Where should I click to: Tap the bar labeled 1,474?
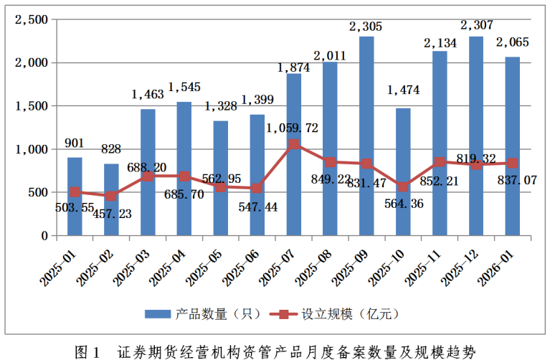(x=403, y=172)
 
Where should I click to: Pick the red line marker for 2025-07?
(x=293, y=144)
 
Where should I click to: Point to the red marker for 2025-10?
(x=403, y=186)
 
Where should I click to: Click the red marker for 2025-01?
(x=75, y=192)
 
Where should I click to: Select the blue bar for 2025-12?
(x=475, y=136)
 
